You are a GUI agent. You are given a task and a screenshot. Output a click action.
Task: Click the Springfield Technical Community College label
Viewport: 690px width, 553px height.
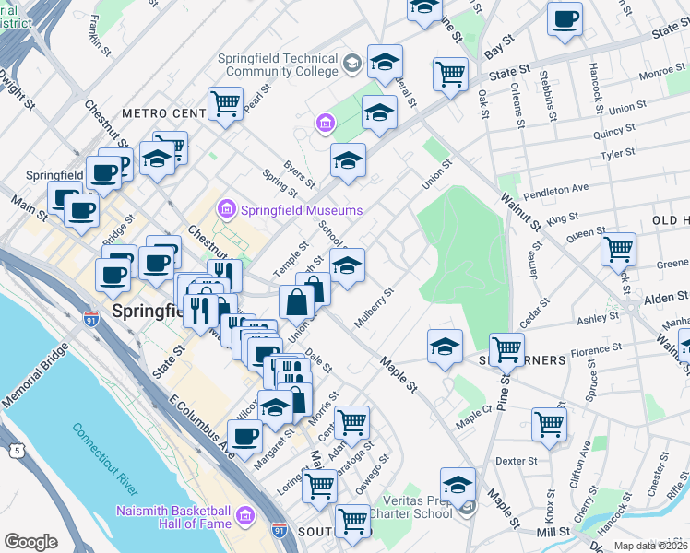[x=278, y=65]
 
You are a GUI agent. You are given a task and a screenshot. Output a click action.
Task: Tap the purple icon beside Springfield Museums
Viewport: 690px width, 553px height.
[x=227, y=209]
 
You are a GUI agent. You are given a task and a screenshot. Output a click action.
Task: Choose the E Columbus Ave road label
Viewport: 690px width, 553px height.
[x=200, y=424]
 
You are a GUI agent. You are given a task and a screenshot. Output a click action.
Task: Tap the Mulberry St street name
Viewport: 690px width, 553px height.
[x=375, y=308]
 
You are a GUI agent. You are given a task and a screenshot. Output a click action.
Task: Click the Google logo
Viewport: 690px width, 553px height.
[x=30, y=542]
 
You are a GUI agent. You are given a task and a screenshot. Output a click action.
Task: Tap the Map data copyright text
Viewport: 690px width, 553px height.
[x=650, y=546]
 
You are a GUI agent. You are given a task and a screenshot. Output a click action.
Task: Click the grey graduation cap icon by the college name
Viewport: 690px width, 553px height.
[x=351, y=63]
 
